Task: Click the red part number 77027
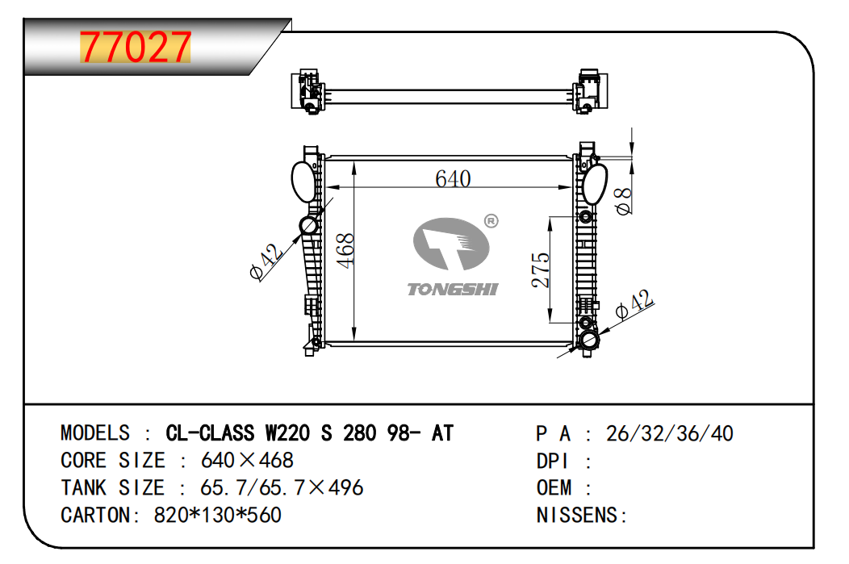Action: pyautogui.click(x=136, y=47)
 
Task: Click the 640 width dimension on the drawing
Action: pyautogui.click(x=454, y=178)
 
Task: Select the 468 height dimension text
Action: pyautogui.click(x=345, y=250)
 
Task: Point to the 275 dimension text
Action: pyautogui.click(x=541, y=269)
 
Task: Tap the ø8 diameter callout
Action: pyautogui.click(x=624, y=201)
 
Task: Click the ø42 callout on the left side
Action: pyautogui.click(x=266, y=261)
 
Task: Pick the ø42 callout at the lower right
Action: pyautogui.click(x=634, y=304)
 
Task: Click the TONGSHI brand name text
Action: pyautogui.click(x=453, y=290)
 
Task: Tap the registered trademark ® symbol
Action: pyautogui.click(x=491, y=221)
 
